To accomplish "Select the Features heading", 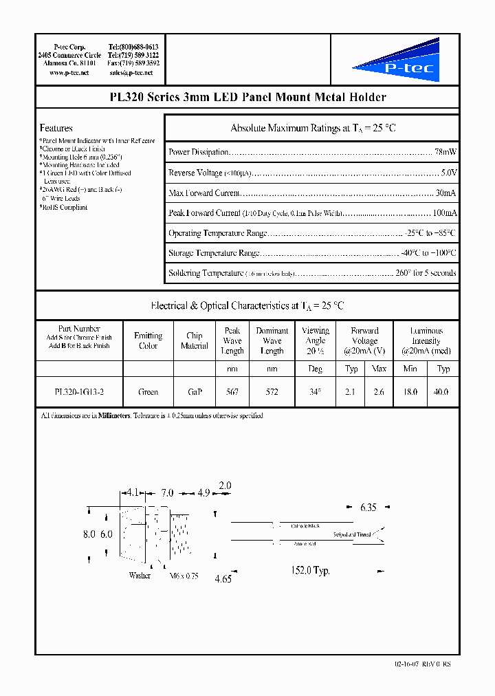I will coord(56,128).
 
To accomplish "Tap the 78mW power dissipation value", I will coord(445,152).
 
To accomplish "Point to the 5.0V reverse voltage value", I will coord(448,173).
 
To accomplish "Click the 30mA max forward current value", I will coord(445,193).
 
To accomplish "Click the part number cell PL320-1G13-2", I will coord(79,392).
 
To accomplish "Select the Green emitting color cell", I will coord(148,392).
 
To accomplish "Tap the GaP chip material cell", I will coord(194,392).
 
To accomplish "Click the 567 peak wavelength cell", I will coord(232,392).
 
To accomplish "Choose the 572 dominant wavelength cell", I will coord(272,392).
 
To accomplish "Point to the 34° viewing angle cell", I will coord(315,392).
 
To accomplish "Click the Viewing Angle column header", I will coord(315,340).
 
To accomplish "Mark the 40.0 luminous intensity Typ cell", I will coord(443,392).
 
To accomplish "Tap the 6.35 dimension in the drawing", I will coord(368,508).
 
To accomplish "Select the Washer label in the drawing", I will coord(140,576).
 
